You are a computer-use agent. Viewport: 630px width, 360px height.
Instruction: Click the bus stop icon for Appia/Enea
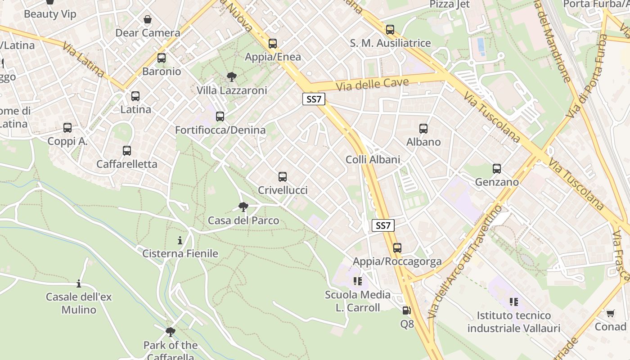tap(273, 44)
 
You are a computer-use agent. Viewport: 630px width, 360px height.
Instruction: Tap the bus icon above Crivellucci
tap(283, 177)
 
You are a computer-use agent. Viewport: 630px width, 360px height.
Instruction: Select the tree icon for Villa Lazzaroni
tap(232, 77)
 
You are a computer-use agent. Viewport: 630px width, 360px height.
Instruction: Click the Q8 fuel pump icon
tap(406, 310)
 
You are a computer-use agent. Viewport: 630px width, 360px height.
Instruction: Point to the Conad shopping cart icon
tap(611, 313)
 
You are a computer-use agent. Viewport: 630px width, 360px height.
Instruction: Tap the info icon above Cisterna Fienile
tap(180, 240)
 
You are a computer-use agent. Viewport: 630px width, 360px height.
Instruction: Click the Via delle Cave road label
tap(372, 84)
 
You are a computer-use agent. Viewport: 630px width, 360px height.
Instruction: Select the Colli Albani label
tap(373, 160)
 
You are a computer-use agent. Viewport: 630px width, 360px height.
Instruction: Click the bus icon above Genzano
tap(497, 169)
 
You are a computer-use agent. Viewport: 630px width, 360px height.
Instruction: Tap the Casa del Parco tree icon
tap(243, 207)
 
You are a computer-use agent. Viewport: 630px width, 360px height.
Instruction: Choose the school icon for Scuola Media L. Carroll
tap(358, 282)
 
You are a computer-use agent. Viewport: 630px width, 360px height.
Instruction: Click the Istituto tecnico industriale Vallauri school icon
tap(513, 302)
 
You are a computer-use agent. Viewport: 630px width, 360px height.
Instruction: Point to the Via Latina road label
tap(83, 60)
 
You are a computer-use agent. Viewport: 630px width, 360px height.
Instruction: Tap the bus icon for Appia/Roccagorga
tap(397, 248)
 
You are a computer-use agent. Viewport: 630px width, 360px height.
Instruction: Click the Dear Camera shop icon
tap(148, 19)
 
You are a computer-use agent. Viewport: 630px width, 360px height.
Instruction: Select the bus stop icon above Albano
tap(423, 129)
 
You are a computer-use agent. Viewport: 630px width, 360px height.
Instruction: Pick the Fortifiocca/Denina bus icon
tap(220, 117)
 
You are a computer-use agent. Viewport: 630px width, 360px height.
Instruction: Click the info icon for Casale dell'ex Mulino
tap(79, 283)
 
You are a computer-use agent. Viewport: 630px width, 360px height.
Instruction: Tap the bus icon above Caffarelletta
tap(127, 151)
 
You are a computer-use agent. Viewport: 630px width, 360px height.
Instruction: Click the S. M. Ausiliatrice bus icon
tap(390, 30)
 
